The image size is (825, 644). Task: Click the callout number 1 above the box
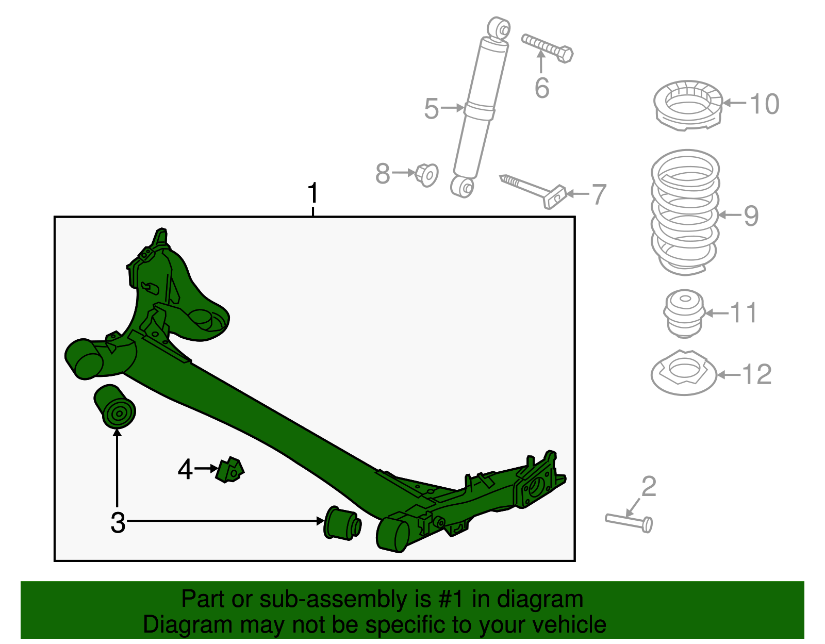pos(312,194)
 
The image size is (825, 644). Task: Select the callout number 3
pos(118,522)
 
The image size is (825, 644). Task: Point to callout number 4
pos(185,469)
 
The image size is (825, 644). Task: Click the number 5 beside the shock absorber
pos(432,109)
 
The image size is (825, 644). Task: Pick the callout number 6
pos(541,88)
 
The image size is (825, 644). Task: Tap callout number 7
pos(598,194)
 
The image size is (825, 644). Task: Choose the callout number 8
pos(383,173)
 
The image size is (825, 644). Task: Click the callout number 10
pos(764,104)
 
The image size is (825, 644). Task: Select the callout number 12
pos(756,374)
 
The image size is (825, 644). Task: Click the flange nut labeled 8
pos(426,175)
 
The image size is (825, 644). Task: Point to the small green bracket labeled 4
pos(230,469)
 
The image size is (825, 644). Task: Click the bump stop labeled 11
pos(684,313)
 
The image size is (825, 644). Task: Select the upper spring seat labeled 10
pos(687,105)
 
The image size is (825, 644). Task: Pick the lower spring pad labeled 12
pos(683,373)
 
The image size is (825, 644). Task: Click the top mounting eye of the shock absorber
pos(499,27)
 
